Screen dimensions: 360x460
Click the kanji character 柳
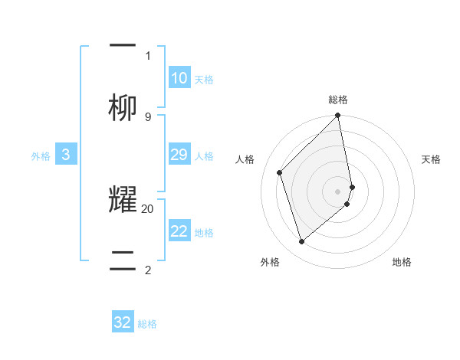pyautogui.click(x=123, y=107)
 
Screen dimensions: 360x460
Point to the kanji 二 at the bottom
pyautogui.click(x=123, y=259)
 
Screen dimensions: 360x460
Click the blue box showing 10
pyautogui.click(x=179, y=78)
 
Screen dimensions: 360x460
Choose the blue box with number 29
pyautogui.click(x=179, y=155)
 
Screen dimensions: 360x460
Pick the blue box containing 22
pyautogui.click(x=179, y=231)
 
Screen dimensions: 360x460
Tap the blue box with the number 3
pyautogui.click(x=66, y=155)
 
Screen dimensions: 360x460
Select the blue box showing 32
pyautogui.click(x=123, y=322)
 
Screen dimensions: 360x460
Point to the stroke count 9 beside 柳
pyautogui.click(x=148, y=117)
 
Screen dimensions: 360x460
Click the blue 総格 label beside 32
pyautogui.click(x=147, y=324)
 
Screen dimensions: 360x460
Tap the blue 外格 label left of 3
pyautogui.click(x=41, y=156)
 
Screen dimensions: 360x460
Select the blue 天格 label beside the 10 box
pyautogui.click(x=204, y=80)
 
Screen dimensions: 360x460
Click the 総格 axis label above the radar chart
pyautogui.click(x=338, y=100)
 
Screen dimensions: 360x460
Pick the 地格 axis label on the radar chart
pyautogui.click(x=402, y=262)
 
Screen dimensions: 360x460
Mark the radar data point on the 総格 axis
pyautogui.click(x=338, y=116)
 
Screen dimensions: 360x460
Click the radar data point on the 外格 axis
pyautogui.click(x=301, y=242)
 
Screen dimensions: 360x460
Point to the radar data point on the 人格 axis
pyautogui.click(x=280, y=172)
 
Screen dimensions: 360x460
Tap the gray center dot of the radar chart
pyautogui.click(x=338, y=191)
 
